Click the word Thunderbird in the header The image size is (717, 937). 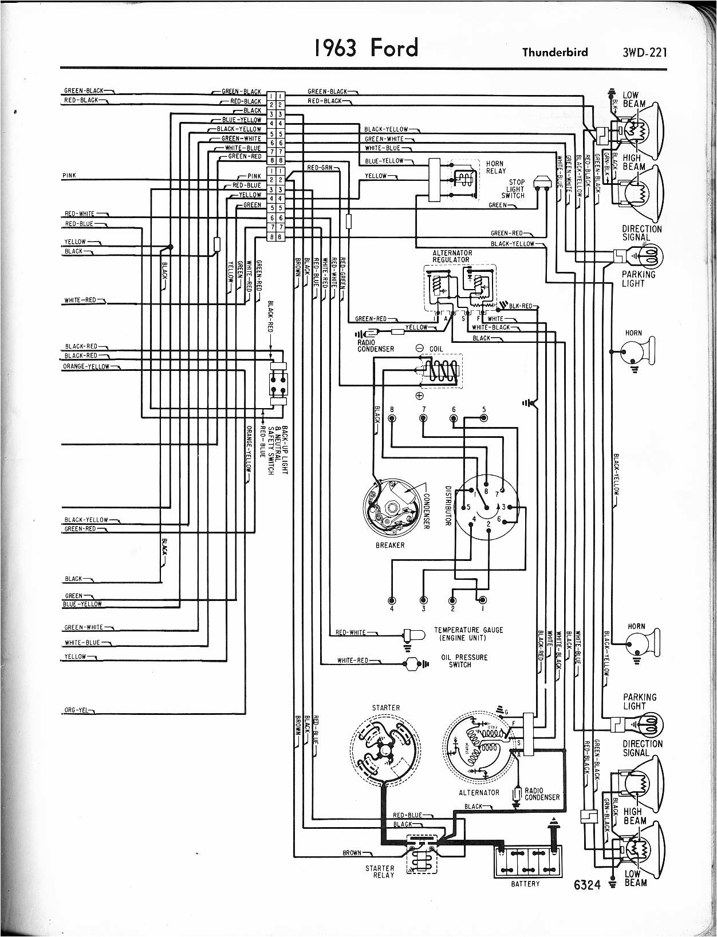tap(554, 53)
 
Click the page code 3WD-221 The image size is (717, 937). tap(645, 53)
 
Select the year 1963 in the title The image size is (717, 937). tap(335, 48)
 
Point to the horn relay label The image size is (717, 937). tap(496, 167)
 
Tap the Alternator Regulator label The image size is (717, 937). tap(452, 256)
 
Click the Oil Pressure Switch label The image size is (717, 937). tap(464, 661)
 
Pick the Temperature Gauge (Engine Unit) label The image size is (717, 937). tap(468, 634)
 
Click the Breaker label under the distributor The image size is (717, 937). tap(390, 545)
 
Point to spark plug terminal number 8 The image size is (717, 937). tap(392, 418)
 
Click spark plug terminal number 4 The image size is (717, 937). tap(392, 600)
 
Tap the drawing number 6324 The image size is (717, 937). tap(586, 885)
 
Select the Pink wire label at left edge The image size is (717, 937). tap(69, 175)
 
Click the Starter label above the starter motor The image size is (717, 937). tap(385, 707)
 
